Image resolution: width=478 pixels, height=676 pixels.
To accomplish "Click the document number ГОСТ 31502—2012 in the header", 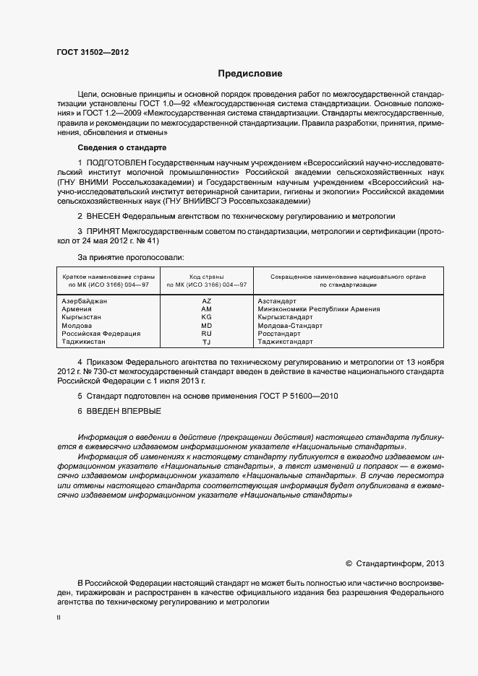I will [93, 52].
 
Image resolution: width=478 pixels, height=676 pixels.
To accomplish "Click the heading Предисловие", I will [251, 74].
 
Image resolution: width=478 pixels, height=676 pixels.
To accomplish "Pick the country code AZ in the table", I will [207, 300].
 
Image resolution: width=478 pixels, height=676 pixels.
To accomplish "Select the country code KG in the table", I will [207, 317].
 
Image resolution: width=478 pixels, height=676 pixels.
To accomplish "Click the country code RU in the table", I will [207, 334].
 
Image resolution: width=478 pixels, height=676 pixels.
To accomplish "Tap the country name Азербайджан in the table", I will [85, 300].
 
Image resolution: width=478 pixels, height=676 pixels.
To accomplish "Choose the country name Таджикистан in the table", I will [85, 342].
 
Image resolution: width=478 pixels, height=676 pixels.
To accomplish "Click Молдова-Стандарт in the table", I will [290, 326].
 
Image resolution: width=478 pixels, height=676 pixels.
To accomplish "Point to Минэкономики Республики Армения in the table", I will [319, 309].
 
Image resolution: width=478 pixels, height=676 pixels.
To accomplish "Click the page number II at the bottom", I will [59, 617].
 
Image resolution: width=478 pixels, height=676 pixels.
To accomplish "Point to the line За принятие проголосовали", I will [131, 257].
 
